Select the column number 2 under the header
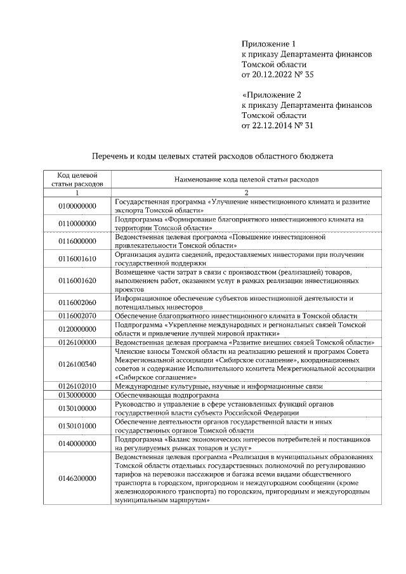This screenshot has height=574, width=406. [x=246, y=192]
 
